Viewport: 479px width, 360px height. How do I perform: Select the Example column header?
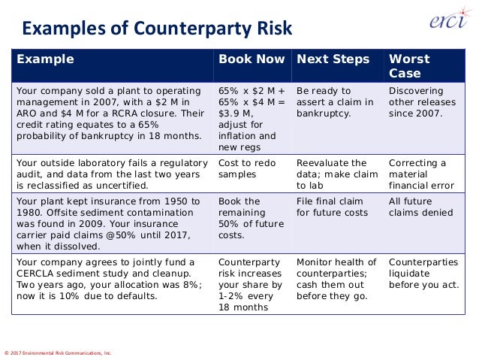(x=46, y=59)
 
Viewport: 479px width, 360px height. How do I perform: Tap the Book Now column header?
(x=252, y=59)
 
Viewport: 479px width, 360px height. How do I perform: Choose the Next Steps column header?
(x=333, y=59)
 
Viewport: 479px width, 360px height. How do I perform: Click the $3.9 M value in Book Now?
(x=235, y=113)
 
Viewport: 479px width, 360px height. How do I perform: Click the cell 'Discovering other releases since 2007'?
(x=417, y=102)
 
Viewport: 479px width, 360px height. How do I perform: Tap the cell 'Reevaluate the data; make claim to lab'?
(x=333, y=174)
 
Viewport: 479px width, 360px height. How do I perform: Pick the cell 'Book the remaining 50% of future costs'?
(x=245, y=218)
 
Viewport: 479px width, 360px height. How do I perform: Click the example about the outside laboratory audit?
(x=112, y=174)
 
